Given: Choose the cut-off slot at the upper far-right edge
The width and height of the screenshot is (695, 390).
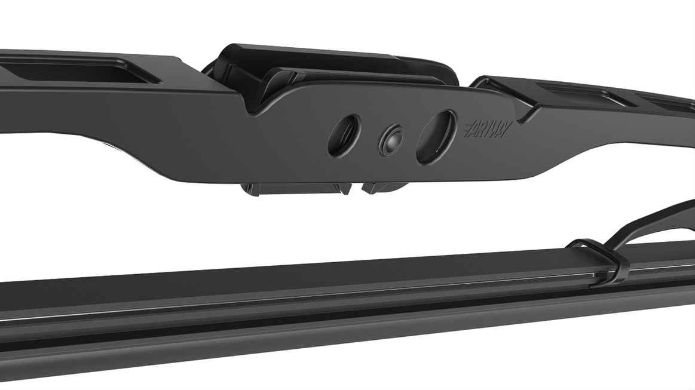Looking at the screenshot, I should coord(675,106).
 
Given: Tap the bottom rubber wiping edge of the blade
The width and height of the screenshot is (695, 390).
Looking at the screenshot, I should coord(299,352).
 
